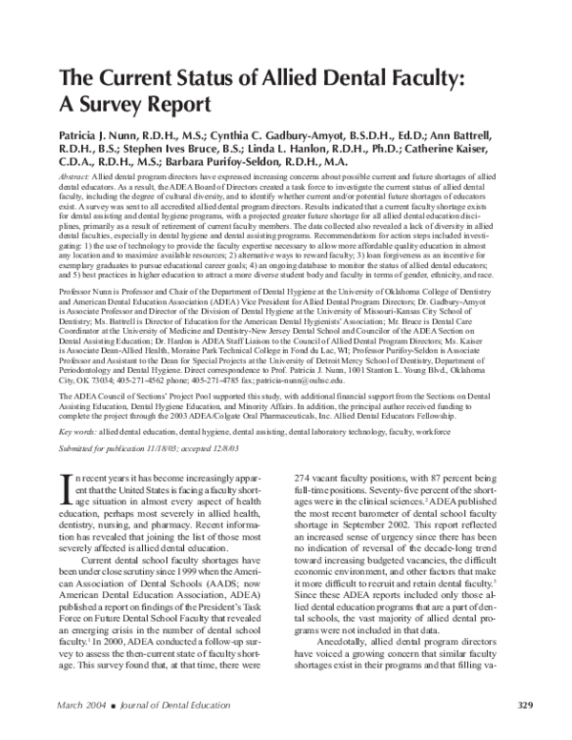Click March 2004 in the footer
point(84,705)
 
